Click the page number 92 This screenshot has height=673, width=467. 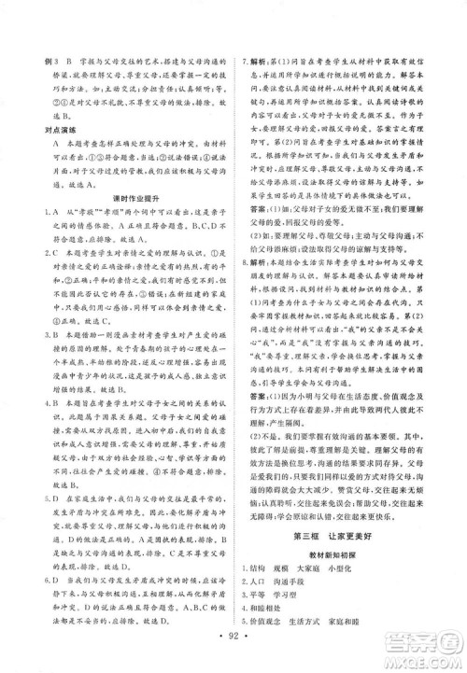tap(234, 644)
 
